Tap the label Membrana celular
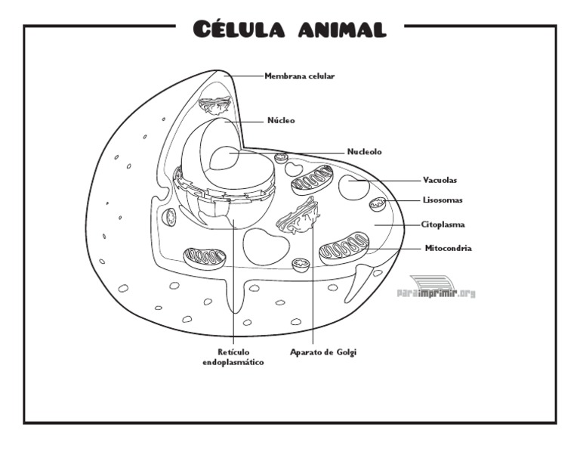[299, 76]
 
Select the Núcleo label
[281, 120]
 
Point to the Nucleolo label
[364, 152]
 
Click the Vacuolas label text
[440, 180]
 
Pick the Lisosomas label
[443, 200]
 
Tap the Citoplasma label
[443, 224]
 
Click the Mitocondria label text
[448, 248]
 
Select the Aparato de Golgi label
[323, 352]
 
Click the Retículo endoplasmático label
[233, 357]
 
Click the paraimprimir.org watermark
[436, 293]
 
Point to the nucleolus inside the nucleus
[226, 159]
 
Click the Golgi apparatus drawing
[300, 216]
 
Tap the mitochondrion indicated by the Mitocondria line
[344, 249]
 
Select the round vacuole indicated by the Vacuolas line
[353, 187]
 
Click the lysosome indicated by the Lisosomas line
[377, 203]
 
